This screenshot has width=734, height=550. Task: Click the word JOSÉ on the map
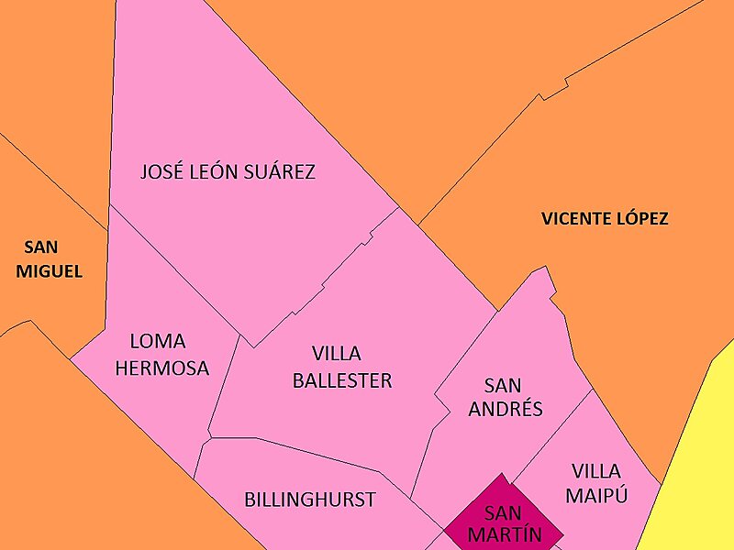pos(161,171)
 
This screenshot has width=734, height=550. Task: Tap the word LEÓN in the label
pos(214,171)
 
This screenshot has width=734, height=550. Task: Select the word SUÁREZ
pos(279,171)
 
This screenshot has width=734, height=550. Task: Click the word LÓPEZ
pos(643,219)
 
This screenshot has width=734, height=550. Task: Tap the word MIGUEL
pos(49,271)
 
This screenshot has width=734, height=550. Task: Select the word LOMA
pos(158,342)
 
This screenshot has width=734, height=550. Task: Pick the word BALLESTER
pos(341,380)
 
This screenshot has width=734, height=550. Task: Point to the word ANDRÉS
pos(506,409)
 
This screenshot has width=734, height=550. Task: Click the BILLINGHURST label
pos(310,500)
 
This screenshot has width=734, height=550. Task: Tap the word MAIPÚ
pos(596,496)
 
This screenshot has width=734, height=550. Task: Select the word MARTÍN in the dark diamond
pos(503,534)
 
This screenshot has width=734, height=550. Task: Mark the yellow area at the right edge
pos(697,458)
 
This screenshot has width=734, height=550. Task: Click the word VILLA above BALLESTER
pos(336,354)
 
